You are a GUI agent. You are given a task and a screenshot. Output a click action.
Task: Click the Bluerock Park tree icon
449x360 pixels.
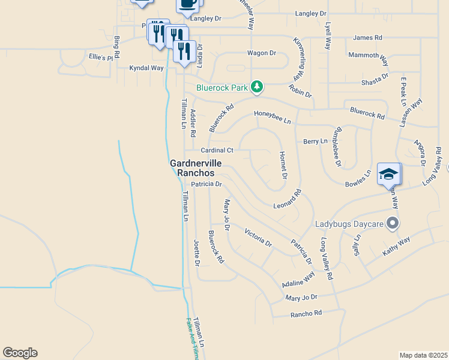point(257,87)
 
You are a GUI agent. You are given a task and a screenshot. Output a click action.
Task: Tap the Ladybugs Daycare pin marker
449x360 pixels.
point(393,224)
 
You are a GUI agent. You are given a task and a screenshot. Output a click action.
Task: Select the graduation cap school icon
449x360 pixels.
point(388,175)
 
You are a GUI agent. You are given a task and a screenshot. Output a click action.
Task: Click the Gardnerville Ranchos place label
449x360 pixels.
point(196,167)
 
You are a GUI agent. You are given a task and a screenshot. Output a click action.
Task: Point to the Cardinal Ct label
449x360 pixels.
point(217,150)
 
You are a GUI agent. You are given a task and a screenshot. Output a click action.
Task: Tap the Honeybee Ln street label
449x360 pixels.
point(272,117)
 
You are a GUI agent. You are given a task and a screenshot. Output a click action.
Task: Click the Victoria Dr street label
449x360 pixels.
point(258,237)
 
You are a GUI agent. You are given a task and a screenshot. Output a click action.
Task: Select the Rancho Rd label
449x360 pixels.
point(306,313)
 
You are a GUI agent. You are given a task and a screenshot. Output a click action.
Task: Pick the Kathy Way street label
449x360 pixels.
point(396,247)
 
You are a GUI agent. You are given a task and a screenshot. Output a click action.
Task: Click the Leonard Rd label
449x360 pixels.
point(287,199)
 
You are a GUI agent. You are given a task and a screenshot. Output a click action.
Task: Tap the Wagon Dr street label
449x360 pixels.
point(261,53)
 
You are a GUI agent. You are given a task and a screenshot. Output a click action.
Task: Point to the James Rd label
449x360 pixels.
point(367,37)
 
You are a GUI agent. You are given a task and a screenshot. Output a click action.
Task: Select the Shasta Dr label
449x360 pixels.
point(375,82)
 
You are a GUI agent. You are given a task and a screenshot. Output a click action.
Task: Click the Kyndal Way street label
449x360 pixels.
point(146,68)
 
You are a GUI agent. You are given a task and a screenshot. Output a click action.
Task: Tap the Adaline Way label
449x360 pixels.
point(298,279)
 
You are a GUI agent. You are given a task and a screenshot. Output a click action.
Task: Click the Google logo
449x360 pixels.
point(20,353)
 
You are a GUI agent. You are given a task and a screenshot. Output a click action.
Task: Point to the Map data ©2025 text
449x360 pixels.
point(423,355)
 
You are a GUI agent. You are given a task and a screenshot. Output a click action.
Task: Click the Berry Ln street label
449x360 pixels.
point(316,141)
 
